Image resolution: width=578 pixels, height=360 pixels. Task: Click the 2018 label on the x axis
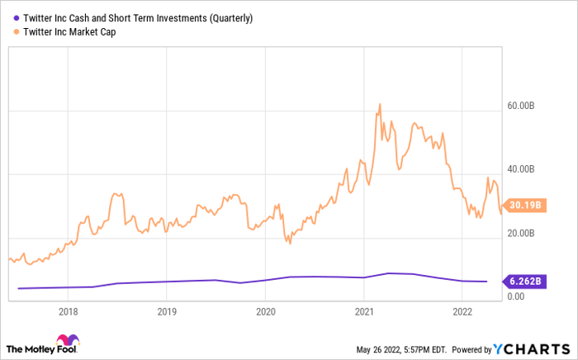pyautogui.click(x=69, y=312)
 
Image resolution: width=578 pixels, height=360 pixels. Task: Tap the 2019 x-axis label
pyautogui.click(x=167, y=312)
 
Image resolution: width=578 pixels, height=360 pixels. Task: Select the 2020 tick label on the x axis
pyautogui.click(x=265, y=312)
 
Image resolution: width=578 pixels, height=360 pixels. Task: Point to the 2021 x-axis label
pyautogui.click(x=363, y=312)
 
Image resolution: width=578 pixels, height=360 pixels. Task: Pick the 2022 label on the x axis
pyautogui.click(x=462, y=312)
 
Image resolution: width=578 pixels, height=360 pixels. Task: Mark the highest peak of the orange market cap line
pyautogui.click(x=379, y=104)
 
